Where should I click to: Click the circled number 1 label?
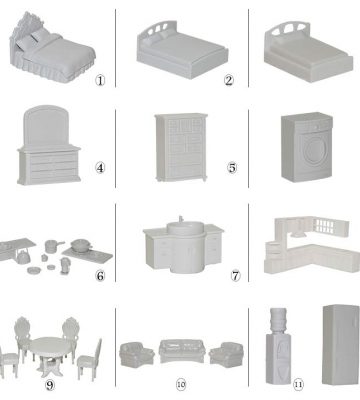pos(100,80)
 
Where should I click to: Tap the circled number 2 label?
pos(229,80)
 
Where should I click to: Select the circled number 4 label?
pos(100,168)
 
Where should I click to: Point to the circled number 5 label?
pos(232,168)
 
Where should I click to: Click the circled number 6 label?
pos(100,276)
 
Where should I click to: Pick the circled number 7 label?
pos(235,276)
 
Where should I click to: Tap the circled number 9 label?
pos(50,385)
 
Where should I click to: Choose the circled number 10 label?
pos(181,385)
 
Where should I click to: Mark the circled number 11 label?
pos(298,385)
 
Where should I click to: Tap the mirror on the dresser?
pos(46,125)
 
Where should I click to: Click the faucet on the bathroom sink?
pos(181,219)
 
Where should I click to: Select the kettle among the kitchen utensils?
pos(23,257)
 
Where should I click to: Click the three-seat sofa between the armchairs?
pos(182,351)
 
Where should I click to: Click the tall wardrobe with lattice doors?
pos(181,147)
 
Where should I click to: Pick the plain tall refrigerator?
pos(341,344)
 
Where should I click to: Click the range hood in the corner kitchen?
pos(299,232)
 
